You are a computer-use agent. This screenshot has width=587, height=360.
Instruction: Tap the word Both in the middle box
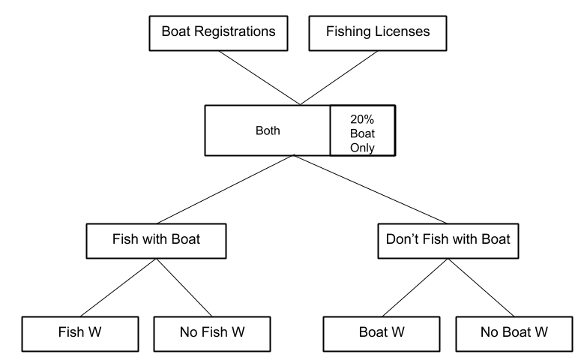point(268,130)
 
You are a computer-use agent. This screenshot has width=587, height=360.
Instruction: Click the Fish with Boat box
point(156,241)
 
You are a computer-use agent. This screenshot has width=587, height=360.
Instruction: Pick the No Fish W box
point(212,331)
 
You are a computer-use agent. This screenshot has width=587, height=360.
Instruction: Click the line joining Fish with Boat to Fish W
point(118,286)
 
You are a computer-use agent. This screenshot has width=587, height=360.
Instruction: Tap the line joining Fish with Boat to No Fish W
point(184,286)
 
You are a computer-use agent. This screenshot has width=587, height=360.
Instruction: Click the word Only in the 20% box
point(362,147)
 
